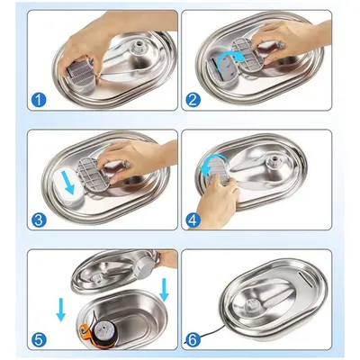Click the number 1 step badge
click(x=37, y=101)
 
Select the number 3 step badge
click(x=37, y=218)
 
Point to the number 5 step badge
click(x=37, y=339)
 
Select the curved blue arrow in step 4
click(x=211, y=167)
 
